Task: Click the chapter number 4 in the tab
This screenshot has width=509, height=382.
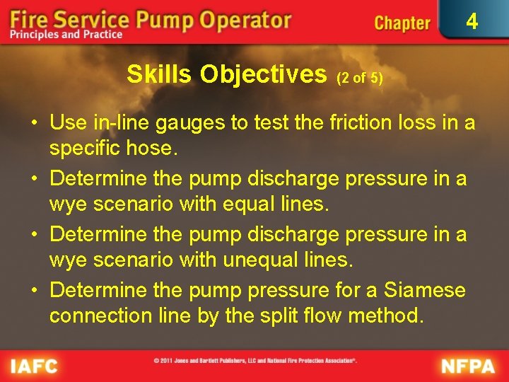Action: (472, 22)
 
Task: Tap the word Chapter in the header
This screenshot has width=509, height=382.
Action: (402, 23)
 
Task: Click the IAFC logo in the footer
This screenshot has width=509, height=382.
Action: (33, 366)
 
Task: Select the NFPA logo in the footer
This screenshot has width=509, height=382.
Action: (469, 366)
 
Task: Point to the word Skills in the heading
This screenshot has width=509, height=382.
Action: (160, 74)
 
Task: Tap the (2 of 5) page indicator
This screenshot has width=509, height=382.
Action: (360, 78)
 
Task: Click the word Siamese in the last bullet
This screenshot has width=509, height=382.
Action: (425, 290)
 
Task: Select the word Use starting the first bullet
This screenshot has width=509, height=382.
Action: (68, 123)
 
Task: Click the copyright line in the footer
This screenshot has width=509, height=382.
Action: (255, 360)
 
